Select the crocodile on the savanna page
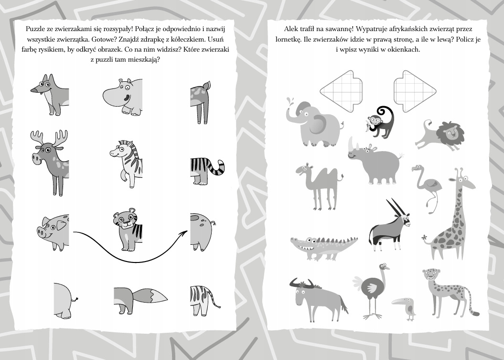click(324, 247)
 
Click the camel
click(319, 186)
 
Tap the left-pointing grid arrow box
click(341, 91)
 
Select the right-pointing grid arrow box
click(415, 91)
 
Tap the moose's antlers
click(49, 138)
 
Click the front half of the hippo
click(123, 97)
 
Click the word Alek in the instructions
click(290, 29)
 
